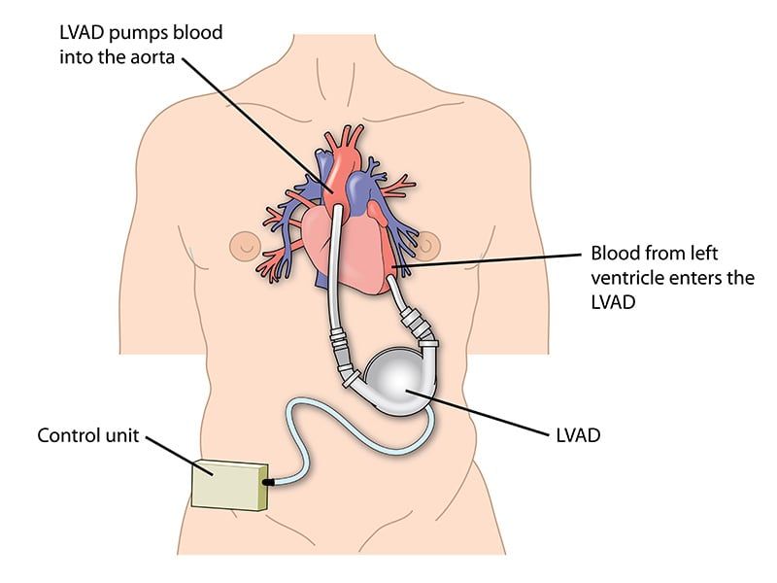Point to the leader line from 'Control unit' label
[x=175, y=454]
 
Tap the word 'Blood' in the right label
[x=616, y=255]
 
